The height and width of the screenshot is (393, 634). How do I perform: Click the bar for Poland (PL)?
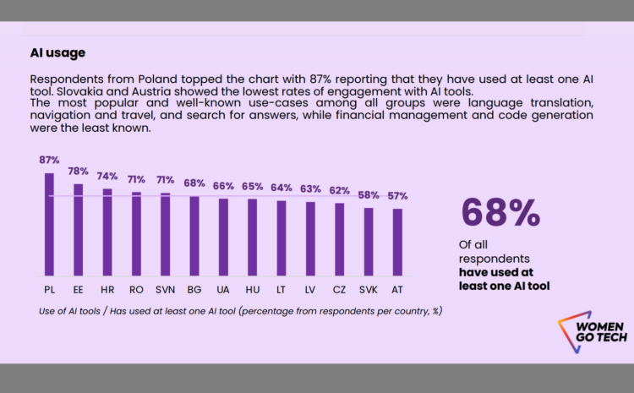49,224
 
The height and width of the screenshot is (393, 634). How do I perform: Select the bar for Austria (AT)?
397,242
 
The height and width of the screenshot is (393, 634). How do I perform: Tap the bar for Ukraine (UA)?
223,237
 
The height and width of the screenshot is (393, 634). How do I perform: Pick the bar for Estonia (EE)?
79,229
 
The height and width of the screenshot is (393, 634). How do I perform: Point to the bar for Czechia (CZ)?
340,239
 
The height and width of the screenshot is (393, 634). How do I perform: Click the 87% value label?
49,160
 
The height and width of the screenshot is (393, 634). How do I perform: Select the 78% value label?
79,171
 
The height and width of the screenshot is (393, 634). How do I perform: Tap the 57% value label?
397,196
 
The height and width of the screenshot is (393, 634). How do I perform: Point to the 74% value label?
107,176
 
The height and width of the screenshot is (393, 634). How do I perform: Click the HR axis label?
107,289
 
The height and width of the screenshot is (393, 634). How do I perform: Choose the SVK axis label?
369,289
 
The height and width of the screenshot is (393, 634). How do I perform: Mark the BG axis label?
194,289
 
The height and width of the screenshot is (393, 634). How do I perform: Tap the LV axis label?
310,289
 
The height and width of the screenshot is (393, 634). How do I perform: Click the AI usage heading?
57,52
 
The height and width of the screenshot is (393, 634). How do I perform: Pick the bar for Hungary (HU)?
252,237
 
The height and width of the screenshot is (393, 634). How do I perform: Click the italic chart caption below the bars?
240,311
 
